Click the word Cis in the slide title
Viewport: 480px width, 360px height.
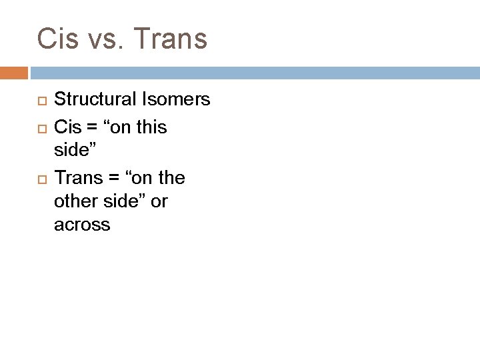coord(57,39)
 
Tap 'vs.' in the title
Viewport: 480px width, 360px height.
coord(106,39)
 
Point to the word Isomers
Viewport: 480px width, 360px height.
coord(177,101)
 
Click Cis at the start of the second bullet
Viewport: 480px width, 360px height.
coord(67,127)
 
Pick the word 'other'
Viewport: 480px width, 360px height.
coord(75,202)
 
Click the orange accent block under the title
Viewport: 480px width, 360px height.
coord(13,71)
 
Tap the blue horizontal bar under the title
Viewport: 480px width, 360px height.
coord(253,71)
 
